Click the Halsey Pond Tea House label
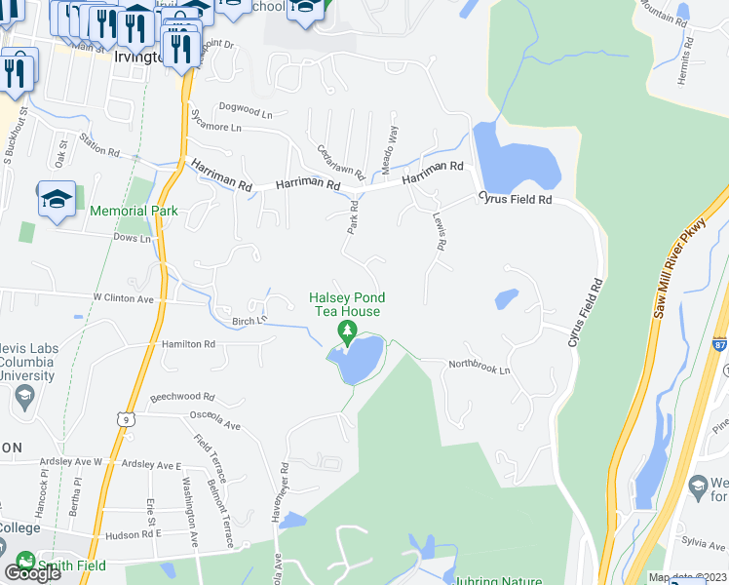click(347, 304)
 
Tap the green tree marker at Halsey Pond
click(347, 333)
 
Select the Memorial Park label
click(133, 211)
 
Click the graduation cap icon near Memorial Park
click(57, 200)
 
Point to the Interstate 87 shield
click(720, 344)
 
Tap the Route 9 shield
click(124, 419)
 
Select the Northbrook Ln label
click(479, 365)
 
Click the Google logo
click(32, 572)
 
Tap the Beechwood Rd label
click(181, 398)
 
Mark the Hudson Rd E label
click(133, 535)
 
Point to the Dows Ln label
click(133, 238)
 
